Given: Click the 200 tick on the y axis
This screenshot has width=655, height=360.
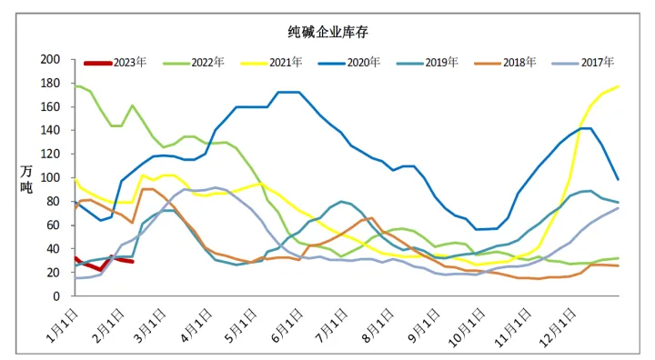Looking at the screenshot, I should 52,59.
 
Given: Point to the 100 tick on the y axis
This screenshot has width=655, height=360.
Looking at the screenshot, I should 52,178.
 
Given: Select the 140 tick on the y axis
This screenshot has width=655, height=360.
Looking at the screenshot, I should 52,130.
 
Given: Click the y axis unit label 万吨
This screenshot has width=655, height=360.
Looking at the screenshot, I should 26,178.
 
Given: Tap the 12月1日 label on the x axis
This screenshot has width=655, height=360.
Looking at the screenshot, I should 559,322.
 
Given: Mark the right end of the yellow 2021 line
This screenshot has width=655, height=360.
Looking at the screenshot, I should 619,86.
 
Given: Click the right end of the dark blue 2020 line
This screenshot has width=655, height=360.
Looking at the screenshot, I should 619,179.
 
